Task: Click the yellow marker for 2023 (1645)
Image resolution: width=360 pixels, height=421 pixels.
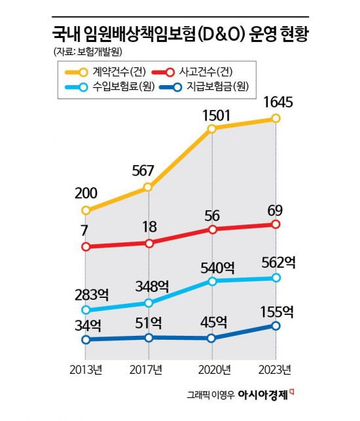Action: [x=276, y=119]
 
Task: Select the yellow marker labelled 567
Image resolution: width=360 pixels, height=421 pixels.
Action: [x=148, y=187]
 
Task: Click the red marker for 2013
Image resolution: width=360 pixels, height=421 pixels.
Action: [x=85, y=247]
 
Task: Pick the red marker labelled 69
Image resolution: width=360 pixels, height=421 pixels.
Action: [x=276, y=225]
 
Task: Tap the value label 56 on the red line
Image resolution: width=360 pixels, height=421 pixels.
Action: [x=211, y=213]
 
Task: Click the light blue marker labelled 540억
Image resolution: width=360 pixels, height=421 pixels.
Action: [x=211, y=281]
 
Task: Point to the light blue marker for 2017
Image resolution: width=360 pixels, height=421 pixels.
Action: [x=149, y=302]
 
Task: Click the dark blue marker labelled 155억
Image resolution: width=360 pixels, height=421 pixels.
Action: [x=276, y=325]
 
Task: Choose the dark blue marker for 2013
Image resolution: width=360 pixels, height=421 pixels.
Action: [x=85, y=339]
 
